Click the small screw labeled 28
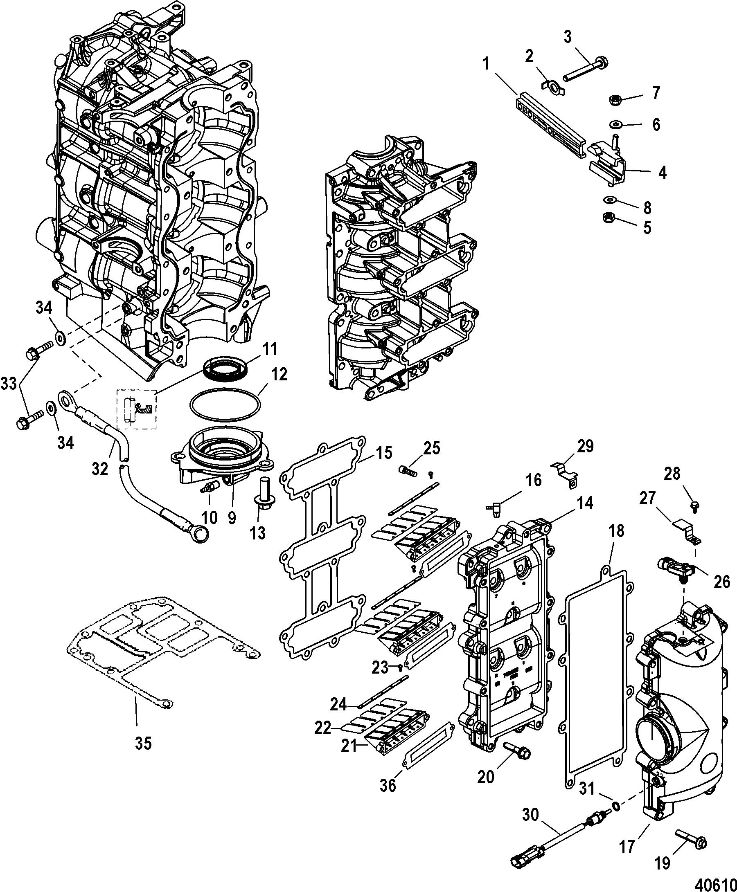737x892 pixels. pos(695,506)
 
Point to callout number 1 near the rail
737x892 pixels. pos(486,65)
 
